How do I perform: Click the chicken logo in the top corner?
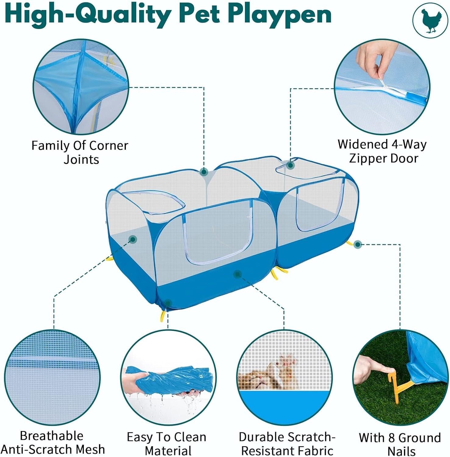(430, 21)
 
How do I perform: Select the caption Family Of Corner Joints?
(80, 152)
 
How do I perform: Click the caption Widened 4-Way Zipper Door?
(382, 151)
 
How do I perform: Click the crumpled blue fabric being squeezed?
(171, 379)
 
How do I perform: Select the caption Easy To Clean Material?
(167, 444)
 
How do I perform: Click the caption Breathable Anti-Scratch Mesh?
(52, 442)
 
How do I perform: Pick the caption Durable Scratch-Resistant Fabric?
(287, 444)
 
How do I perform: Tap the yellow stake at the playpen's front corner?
(163, 316)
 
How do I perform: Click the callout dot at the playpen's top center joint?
(204, 172)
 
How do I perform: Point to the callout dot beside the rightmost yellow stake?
(358, 244)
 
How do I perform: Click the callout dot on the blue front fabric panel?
(237, 274)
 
